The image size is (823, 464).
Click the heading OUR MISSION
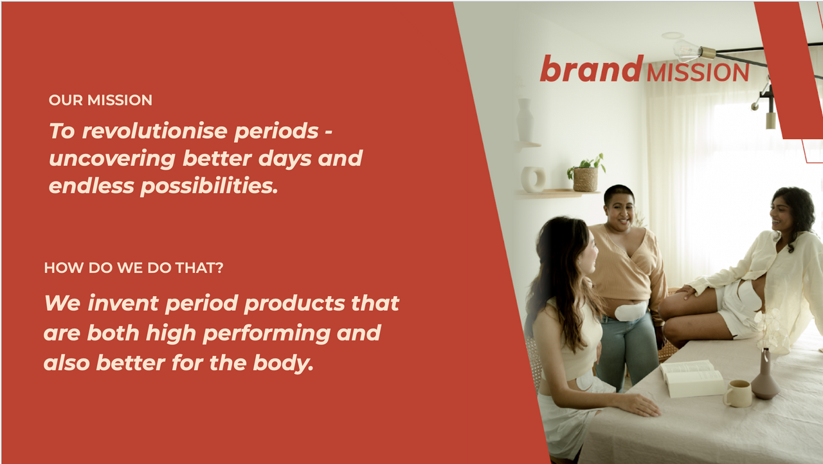coord(100,100)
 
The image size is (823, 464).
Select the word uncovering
coord(112,159)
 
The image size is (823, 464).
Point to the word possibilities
coord(209,187)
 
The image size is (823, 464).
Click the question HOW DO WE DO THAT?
coord(134,268)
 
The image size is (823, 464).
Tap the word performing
coord(266,334)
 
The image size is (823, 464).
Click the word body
coord(284,363)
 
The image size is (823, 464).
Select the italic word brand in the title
coord(592,68)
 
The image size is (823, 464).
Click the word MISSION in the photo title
coord(698,73)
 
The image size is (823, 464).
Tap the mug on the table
coord(737,393)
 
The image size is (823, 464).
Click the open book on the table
coord(691,378)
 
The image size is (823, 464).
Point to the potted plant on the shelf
coord(586,173)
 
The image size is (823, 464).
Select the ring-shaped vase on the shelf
coord(533,180)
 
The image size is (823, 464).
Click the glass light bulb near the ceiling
coord(686,51)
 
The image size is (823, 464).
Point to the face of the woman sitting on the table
coord(781,214)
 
